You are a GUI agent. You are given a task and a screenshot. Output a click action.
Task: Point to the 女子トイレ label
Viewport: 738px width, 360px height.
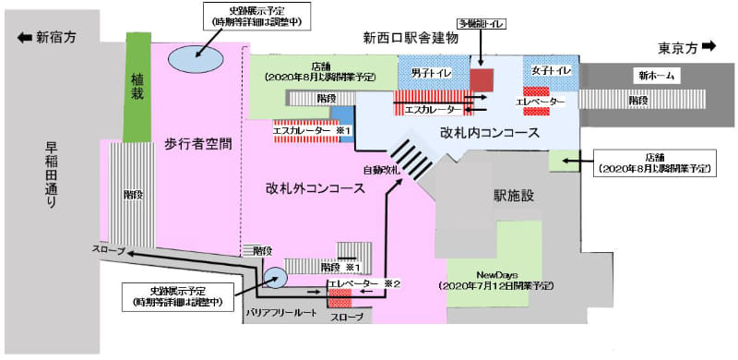tap(553, 70)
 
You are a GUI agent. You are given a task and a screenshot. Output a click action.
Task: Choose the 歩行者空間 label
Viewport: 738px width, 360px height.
tap(197, 144)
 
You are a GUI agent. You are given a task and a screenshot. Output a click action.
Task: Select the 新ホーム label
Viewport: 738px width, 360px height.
tap(652, 74)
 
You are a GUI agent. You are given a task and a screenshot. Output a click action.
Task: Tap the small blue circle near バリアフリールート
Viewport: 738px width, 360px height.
tap(275, 275)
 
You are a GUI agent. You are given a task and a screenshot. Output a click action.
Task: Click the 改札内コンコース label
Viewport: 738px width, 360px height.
tap(489, 133)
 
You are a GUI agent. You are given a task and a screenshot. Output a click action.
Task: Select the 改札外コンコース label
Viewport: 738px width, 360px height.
tap(313, 188)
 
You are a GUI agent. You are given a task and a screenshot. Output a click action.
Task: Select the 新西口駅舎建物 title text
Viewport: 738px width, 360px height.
tap(411, 38)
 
